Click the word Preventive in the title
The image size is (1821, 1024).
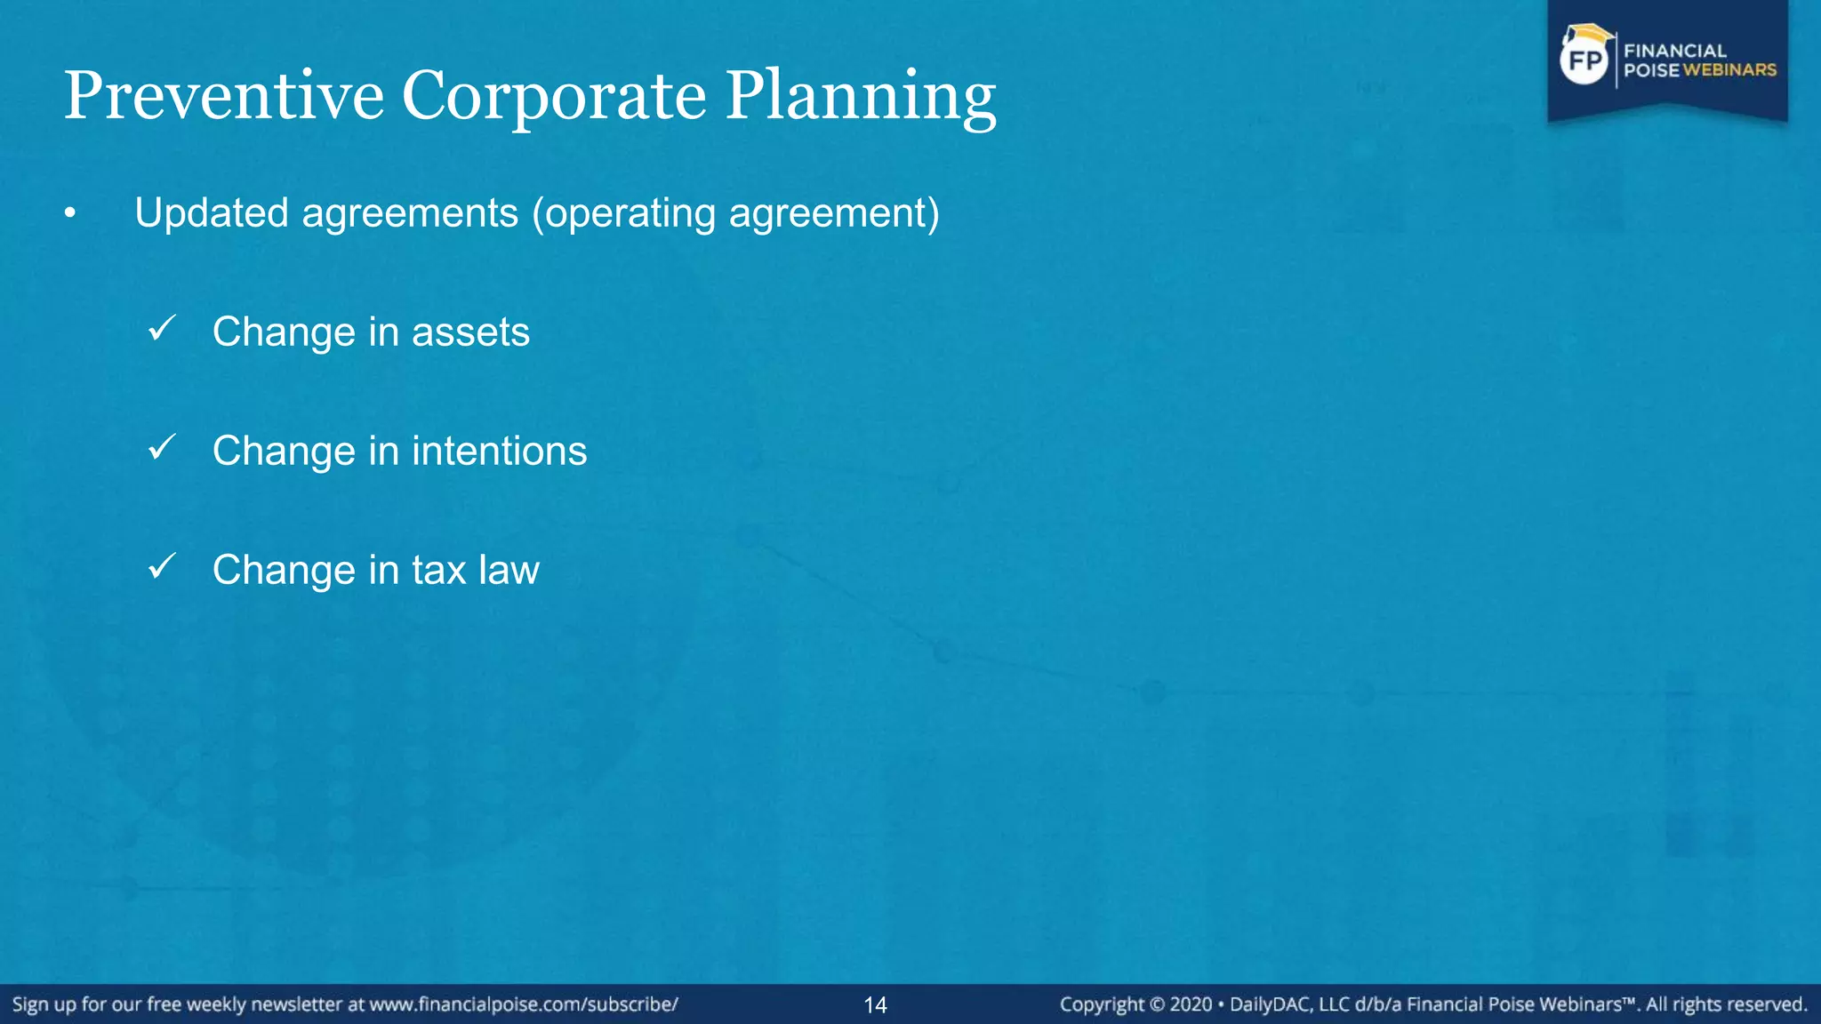click(x=223, y=95)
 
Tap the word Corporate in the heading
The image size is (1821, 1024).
click(x=554, y=95)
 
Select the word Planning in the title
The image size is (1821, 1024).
click(x=861, y=95)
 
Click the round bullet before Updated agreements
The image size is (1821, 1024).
click(x=70, y=213)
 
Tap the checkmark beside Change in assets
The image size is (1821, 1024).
click(x=162, y=329)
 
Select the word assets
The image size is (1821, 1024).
click(x=470, y=332)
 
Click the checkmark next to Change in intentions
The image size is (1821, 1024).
click(x=162, y=447)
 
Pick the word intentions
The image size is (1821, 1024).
click(x=499, y=451)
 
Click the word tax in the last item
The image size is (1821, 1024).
click(x=438, y=570)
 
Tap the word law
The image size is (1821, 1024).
click(x=509, y=570)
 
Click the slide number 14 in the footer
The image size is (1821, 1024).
click(x=875, y=1005)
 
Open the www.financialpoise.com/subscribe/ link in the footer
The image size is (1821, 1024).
click(x=524, y=1004)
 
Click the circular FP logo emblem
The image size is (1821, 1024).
click(x=1584, y=60)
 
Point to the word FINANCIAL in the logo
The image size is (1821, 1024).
click(x=1675, y=51)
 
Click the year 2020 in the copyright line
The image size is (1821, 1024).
click(x=1191, y=1004)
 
